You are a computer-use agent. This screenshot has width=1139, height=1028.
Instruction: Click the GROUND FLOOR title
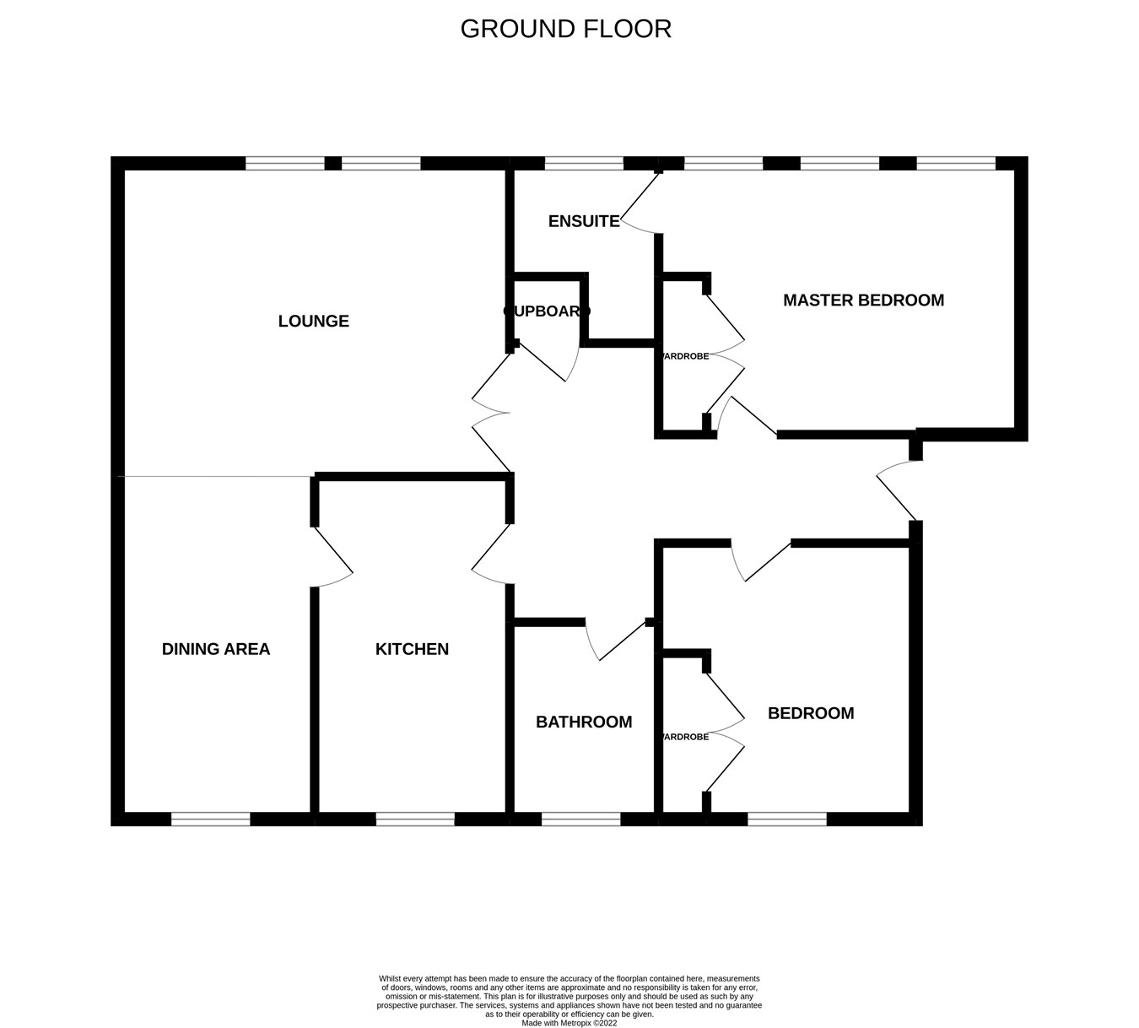coord(565,29)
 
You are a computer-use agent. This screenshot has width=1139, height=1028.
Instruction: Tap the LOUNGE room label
coord(313,321)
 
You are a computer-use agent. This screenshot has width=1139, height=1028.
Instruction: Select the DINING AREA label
coord(216,649)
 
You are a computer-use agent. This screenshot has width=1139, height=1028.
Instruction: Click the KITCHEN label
coord(412,649)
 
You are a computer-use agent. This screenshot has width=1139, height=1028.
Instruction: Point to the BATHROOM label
coord(584,722)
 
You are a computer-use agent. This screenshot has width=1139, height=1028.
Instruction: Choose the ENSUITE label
coord(584,221)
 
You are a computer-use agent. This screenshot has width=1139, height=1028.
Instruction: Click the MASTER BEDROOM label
coord(863,300)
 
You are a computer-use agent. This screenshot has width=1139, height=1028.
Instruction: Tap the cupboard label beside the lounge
coord(547,311)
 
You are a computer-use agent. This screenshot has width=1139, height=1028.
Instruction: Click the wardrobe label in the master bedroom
coord(684,356)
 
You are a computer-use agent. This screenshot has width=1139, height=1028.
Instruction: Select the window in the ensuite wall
coord(584,164)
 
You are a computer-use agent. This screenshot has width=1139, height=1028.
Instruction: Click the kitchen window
coord(415,819)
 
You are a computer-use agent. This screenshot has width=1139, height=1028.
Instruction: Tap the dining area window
coord(210,819)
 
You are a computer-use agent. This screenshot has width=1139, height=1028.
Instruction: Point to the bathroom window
coord(580,819)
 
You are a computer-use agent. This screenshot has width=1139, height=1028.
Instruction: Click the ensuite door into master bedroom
coord(640,201)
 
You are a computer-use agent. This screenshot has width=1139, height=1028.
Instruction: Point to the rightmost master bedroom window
coord(956,164)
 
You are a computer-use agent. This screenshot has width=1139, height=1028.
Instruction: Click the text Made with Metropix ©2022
coord(569,1023)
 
